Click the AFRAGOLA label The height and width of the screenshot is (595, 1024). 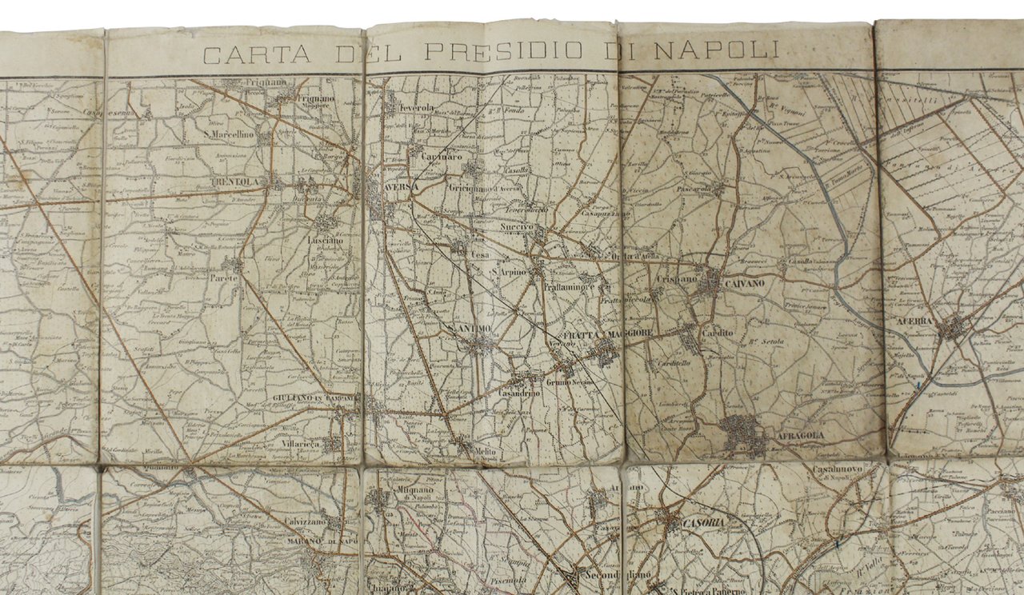[x=799, y=436]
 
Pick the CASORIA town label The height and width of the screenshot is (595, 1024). [x=704, y=522]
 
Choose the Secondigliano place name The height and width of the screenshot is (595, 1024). [x=616, y=575]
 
